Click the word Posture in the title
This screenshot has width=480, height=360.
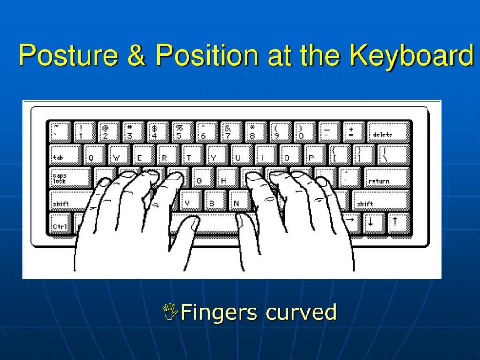tap(68, 55)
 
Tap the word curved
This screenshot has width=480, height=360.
tap(300, 312)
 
